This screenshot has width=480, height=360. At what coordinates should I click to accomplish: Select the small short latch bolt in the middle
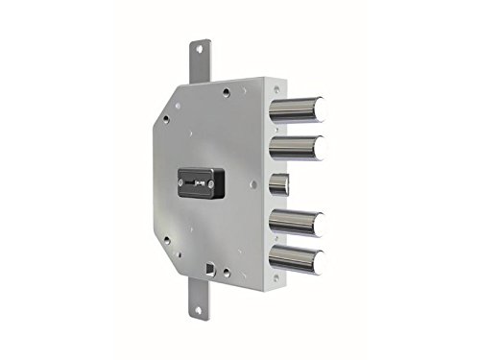pos(278,183)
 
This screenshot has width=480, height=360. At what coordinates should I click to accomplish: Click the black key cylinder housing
pos(201,180)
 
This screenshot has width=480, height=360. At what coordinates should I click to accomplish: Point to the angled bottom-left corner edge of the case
pos(165,257)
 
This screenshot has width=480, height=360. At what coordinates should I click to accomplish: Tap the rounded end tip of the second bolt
pos(319,146)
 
